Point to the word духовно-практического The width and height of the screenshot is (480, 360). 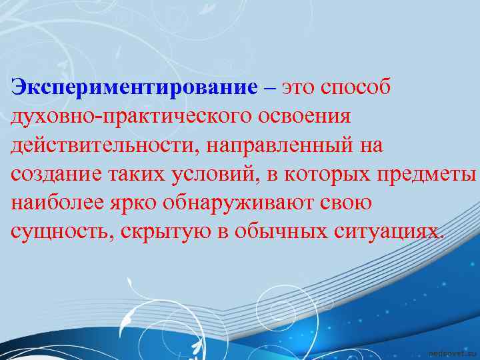coord(125,117)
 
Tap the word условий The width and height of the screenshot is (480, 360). coord(212,174)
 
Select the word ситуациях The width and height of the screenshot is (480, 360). coord(385,231)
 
